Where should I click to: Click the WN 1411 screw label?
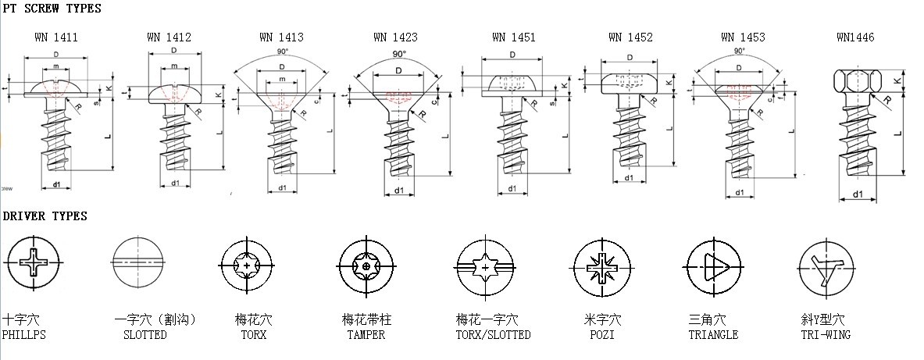55,37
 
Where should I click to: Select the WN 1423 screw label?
395,37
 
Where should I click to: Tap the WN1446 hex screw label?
855,37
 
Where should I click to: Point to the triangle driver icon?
712,263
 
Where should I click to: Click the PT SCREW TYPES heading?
52,8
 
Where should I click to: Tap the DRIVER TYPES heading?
45,216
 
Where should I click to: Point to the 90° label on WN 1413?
281,52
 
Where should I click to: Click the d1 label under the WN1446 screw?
858,194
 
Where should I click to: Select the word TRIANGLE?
713,335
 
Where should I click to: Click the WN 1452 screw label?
630,37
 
